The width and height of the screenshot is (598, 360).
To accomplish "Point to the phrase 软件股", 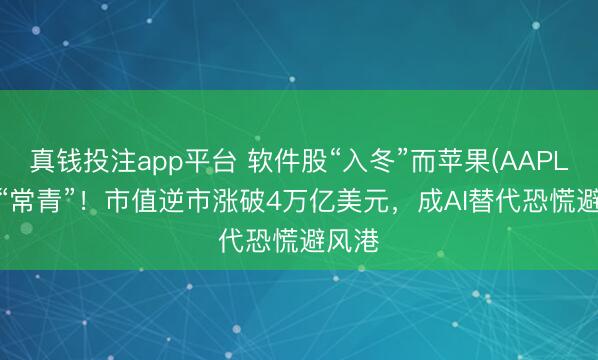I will [x=275, y=158].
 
